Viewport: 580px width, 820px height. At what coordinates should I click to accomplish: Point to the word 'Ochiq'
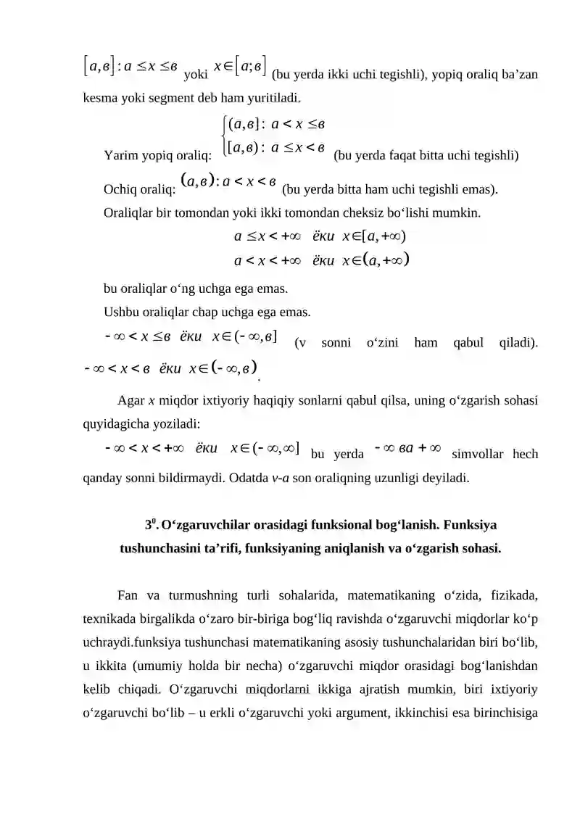coord(121,191)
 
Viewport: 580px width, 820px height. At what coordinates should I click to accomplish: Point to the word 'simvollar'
coord(474,455)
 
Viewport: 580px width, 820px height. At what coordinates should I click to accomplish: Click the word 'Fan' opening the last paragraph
coord(127,596)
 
